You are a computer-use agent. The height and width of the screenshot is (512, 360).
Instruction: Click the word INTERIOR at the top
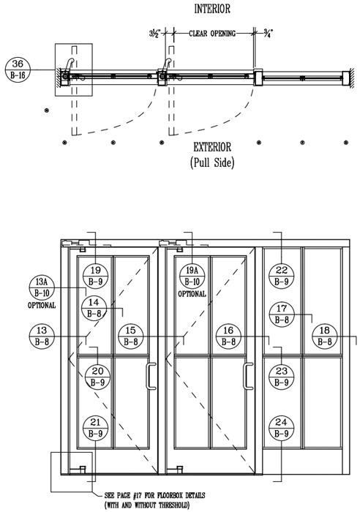[x=212, y=9]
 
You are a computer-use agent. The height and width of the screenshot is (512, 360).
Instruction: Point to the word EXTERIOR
[x=212, y=147]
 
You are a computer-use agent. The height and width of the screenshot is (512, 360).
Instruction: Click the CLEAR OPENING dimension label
[x=212, y=34]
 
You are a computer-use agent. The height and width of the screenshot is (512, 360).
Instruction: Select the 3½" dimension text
[x=155, y=34]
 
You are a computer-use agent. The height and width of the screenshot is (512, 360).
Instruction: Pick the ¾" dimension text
[x=268, y=33]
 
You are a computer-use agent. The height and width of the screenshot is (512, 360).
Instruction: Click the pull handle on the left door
[x=151, y=376]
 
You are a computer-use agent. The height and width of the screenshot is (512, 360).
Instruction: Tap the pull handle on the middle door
[x=248, y=376]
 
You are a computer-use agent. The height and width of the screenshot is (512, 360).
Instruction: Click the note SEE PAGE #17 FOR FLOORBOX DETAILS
[x=154, y=495]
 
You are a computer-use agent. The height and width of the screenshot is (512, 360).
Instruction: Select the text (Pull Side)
[x=212, y=162]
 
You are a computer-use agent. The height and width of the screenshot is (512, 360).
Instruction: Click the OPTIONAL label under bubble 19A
[x=192, y=294]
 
